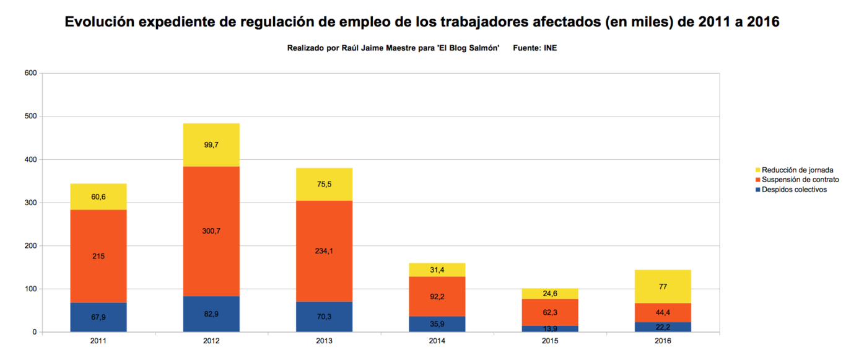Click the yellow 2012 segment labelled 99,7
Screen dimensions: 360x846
pyautogui.click(x=211, y=144)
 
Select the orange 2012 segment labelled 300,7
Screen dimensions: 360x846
pyautogui.click(x=211, y=231)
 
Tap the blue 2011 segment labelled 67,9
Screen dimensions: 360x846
pyautogui.click(x=98, y=317)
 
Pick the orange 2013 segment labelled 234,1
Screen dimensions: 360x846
pyautogui.click(x=324, y=251)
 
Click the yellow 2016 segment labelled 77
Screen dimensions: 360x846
pyautogui.click(x=663, y=286)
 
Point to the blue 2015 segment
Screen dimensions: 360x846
pyautogui.click(x=550, y=328)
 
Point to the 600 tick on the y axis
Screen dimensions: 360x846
pyautogui.click(x=30, y=73)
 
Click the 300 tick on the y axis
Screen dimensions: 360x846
pyautogui.click(x=30, y=203)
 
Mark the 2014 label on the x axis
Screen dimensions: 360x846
pyautogui.click(x=437, y=341)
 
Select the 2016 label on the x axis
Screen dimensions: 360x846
pyautogui.click(x=663, y=341)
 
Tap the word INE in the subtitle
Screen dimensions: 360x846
pyautogui.click(x=550, y=48)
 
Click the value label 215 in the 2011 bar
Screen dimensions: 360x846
pyautogui.click(x=98, y=255)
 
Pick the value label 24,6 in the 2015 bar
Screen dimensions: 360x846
pyautogui.click(x=550, y=293)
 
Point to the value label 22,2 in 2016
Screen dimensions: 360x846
pyautogui.click(x=663, y=327)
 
